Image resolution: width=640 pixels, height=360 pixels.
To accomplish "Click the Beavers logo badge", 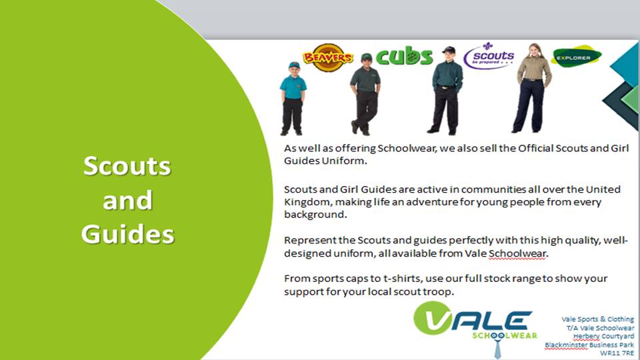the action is pos(327,57).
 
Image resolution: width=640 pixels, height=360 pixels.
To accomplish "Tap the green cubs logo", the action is pos(404,56).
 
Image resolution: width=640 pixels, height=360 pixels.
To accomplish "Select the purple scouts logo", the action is pos(489,56).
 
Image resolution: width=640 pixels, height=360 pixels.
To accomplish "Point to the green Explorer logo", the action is pos(576,57).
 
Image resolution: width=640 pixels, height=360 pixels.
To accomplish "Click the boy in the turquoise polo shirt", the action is pos(293,99).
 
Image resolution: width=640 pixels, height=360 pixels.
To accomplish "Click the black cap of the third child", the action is pos(449,50).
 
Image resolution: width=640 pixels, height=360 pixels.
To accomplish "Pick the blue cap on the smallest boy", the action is pos(293,65).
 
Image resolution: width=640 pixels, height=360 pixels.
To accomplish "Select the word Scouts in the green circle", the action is pos(127,166).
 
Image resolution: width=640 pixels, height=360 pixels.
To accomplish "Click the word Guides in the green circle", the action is pos(128,234).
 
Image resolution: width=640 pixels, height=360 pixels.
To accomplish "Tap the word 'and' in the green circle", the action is pos(127,200).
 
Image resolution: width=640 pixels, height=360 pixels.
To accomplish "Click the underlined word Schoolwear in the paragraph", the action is pos(517,253).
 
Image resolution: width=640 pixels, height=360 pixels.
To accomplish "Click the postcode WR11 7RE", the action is pos(617,353).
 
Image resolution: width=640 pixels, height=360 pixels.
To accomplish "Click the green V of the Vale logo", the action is pos(432,317).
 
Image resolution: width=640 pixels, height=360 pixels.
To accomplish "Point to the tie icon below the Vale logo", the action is pos(497,345).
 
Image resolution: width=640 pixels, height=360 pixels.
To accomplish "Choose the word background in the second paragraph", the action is pos(315,215).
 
